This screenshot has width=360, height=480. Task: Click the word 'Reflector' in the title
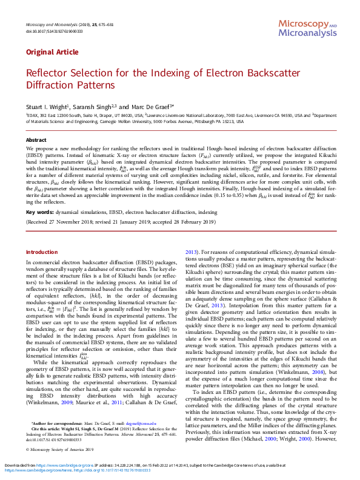(50, 73)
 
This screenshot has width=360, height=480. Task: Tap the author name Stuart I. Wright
(47, 106)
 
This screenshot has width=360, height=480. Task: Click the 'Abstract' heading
(35, 139)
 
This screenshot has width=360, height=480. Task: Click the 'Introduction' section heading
(42, 252)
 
